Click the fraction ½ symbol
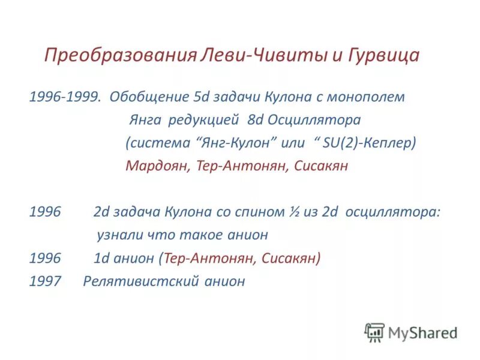point(296,212)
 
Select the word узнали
point(117,235)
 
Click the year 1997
point(45,281)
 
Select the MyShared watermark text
point(422,332)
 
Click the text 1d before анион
point(101,259)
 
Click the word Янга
point(145,120)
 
